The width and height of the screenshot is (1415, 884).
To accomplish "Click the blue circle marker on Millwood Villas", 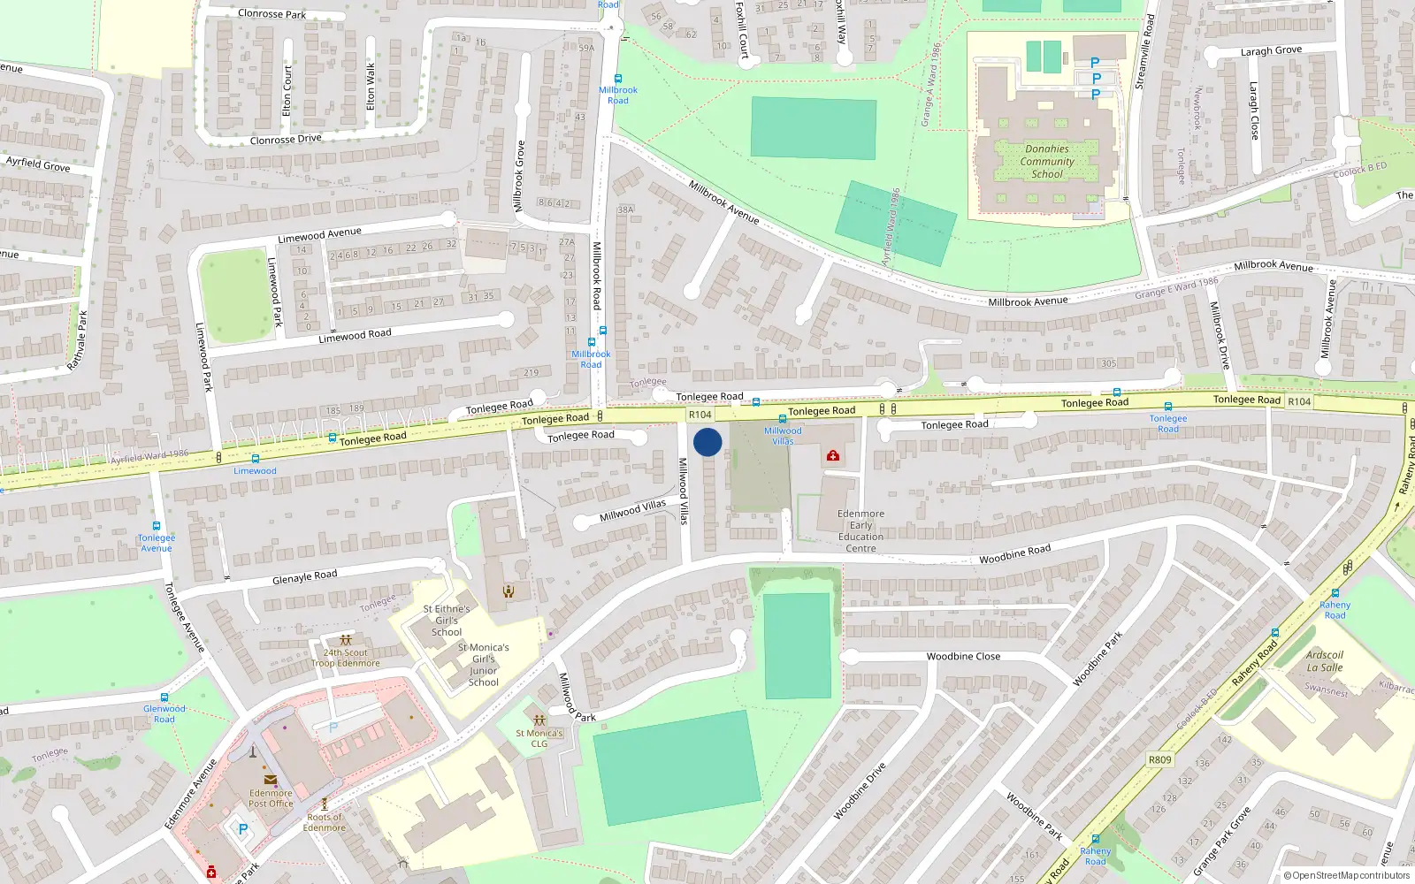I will click(707, 442).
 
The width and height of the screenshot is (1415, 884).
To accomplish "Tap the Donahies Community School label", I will click(1047, 162).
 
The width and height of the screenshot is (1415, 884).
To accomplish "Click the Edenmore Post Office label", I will click(271, 798).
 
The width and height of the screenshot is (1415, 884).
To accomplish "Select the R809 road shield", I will click(1159, 759).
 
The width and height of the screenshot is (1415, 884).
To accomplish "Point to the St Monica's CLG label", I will click(539, 738).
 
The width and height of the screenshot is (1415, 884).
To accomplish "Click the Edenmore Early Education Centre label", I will click(860, 530).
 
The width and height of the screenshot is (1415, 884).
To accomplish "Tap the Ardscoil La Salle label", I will click(1325, 661).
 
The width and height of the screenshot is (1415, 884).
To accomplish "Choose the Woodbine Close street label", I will click(963, 657).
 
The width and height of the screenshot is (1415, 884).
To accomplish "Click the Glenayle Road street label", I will click(305, 577).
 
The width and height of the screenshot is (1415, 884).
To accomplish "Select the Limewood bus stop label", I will click(255, 471).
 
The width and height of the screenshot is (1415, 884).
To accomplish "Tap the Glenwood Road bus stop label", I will click(164, 713).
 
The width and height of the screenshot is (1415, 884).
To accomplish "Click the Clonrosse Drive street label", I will click(286, 140).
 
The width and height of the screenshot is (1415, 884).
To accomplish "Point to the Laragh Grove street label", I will click(1271, 51).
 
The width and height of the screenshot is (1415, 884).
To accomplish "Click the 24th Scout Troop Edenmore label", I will click(345, 658).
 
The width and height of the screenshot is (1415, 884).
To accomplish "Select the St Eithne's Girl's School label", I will click(447, 621).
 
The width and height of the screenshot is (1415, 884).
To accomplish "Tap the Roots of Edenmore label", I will click(325, 822).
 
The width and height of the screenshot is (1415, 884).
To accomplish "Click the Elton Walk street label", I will click(371, 87).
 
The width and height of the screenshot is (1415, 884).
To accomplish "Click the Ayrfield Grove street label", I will click(38, 164).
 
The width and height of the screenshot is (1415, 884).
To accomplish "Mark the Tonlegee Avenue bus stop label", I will click(157, 543).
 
